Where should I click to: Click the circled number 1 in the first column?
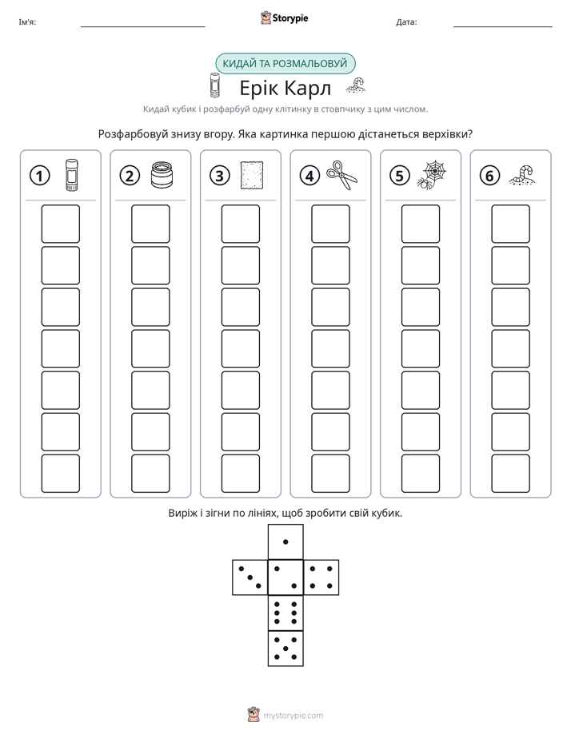[39, 176]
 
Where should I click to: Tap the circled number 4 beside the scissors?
[309, 176]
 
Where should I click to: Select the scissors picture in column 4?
[342, 176]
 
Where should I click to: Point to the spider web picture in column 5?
[432, 175]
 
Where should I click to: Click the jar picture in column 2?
[162, 175]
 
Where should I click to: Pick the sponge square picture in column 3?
[252, 176]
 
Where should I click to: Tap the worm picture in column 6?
[522, 175]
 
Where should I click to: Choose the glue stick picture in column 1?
[72, 175]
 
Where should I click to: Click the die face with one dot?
[285, 542]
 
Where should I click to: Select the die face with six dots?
[285, 613]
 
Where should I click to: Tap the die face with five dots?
[285, 648]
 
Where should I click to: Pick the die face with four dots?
[321, 577]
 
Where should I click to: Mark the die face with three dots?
[250, 577]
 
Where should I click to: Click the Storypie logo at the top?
[284, 18]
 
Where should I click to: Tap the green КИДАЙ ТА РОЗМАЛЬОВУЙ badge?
[285, 64]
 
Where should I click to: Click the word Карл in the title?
[308, 88]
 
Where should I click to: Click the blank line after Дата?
[503, 27]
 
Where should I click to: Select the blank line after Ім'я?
[142, 27]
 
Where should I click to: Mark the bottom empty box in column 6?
[511, 474]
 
